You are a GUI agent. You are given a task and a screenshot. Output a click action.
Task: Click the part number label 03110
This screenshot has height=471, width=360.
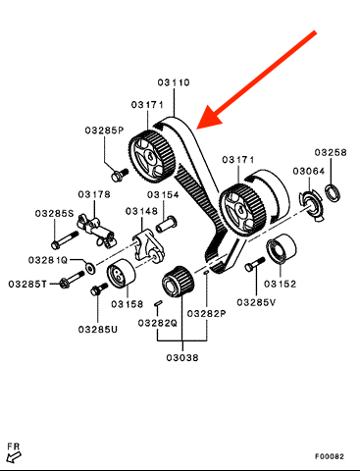[174, 82]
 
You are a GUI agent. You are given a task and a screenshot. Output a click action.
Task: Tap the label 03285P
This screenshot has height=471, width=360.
[105, 131]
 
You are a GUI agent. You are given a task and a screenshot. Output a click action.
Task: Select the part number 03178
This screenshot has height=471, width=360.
[94, 194]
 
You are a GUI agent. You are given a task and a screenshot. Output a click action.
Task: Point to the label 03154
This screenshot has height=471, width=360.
[163, 195]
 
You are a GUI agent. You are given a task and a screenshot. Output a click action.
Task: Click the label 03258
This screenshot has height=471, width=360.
[331, 152]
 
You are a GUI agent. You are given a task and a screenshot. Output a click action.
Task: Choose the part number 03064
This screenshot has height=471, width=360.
[309, 171]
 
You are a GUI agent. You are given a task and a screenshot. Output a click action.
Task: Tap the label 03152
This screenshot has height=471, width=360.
[280, 284]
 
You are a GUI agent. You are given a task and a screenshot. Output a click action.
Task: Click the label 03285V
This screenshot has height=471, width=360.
[256, 302]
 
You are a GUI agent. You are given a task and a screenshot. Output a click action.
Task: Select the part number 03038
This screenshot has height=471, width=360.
[182, 357]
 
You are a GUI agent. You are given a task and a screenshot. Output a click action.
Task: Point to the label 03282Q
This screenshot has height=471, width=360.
[158, 323]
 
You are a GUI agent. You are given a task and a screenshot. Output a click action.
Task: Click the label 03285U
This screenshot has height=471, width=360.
[98, 329]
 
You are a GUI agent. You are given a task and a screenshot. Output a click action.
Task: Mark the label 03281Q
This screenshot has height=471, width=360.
[48, 260]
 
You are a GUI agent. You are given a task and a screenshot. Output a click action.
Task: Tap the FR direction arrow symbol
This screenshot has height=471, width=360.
[14, 456]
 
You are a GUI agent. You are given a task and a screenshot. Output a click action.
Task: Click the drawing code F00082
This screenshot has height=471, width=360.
[330, 456]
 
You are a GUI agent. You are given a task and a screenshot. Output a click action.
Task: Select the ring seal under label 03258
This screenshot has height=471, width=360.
[333, 192]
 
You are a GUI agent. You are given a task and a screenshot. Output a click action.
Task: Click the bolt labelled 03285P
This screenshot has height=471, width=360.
[120, 175]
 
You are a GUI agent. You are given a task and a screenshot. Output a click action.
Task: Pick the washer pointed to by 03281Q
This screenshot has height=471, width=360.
[90, 268]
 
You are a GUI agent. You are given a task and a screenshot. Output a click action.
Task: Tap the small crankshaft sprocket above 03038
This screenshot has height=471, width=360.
[179, 282]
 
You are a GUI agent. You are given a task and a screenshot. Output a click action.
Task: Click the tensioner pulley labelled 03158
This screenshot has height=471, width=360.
[121, 274]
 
